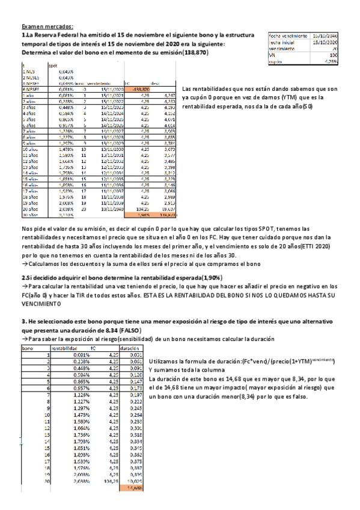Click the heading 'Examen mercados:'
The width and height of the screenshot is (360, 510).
point(47,26)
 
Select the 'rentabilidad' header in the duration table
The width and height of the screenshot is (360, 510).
point(64,348)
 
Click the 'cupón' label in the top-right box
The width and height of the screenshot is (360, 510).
point(275,60)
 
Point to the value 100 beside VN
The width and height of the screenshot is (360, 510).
point(333,54)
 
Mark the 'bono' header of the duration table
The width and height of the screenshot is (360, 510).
point(27,348)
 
